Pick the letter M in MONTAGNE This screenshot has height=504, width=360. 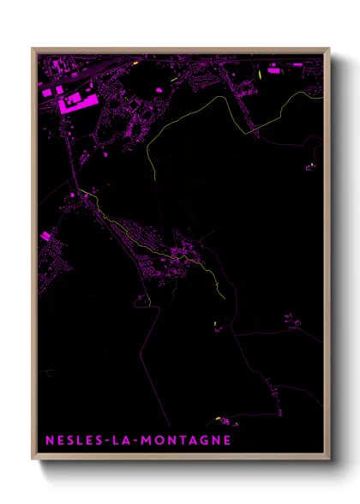coord(155,441)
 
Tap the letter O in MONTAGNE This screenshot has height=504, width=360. coord(167,441)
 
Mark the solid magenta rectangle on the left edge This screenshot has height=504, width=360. coord(45,236)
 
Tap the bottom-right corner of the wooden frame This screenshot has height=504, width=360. coord(329,459)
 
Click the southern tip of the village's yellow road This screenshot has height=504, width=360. coord(225,297)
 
